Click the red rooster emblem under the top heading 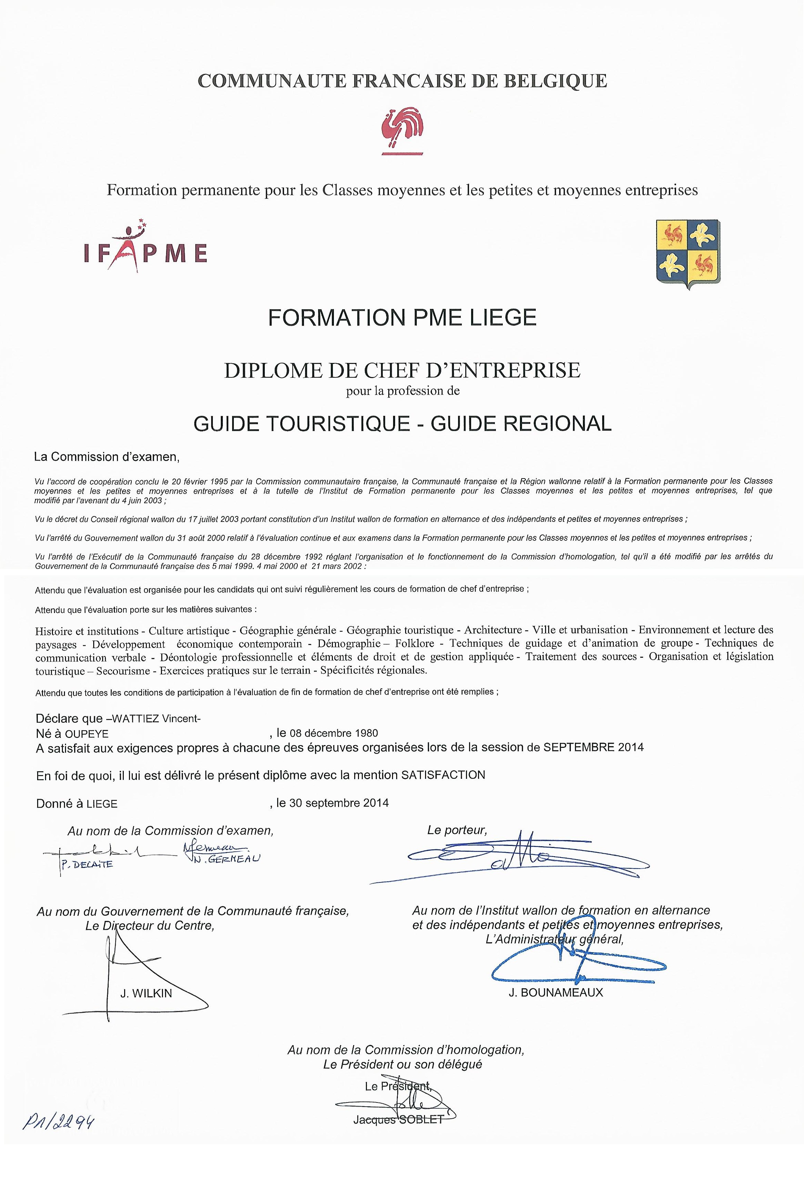coord(402,130)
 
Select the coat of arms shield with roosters coord(688,254)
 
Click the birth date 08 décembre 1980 coord(334,733)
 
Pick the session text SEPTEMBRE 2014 coord(593,747)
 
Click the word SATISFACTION coord(443,775)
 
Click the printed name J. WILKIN coord(146,993)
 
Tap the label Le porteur coord(457,830)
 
